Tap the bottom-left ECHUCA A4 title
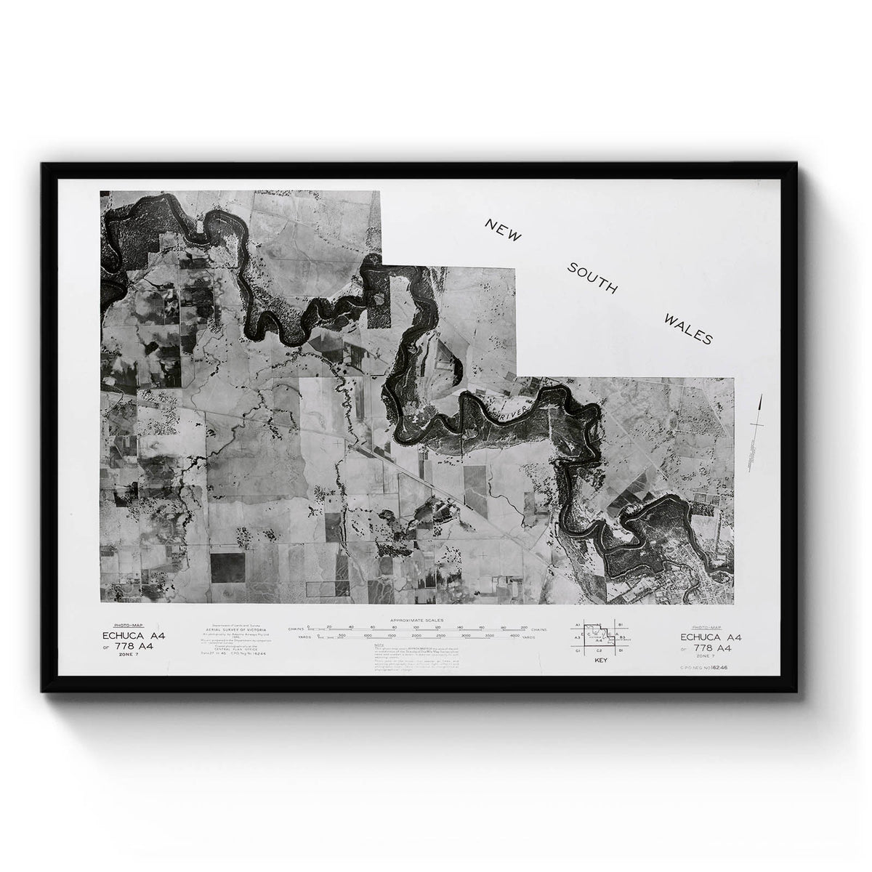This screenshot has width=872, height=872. coord(134,636)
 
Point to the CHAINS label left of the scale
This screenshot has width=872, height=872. coord(295,627)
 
